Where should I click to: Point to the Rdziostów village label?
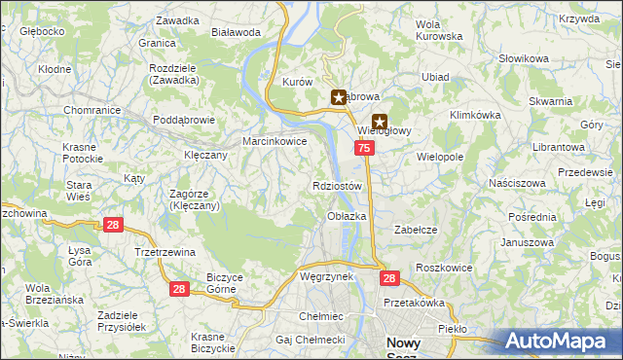[x=338, y=186]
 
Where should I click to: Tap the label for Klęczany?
[x=205, y=155]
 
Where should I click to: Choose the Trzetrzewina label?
[x=165, y=252]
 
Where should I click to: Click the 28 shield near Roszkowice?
[x=389, y=278]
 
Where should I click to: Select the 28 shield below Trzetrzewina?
[x=178, y=289]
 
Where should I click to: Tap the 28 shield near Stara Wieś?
[x=113, y=225]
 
